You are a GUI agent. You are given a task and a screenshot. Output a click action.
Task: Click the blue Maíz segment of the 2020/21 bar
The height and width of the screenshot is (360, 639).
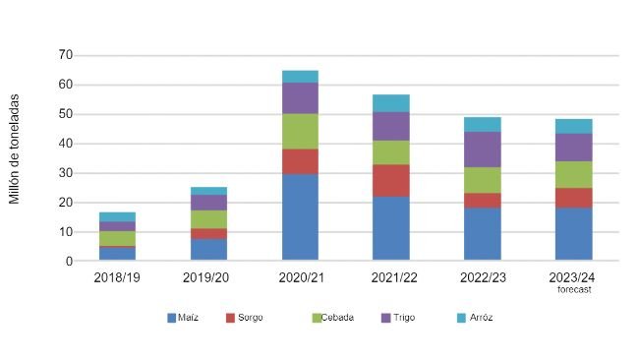300,217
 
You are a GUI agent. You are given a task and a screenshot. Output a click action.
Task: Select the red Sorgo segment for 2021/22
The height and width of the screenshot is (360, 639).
390,180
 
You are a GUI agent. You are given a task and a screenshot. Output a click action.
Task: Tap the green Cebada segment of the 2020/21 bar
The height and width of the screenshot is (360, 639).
300,131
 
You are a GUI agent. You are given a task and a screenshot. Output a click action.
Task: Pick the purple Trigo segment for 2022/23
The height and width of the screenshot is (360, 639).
482,150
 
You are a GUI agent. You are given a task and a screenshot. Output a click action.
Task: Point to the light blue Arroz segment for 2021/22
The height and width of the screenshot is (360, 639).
390,102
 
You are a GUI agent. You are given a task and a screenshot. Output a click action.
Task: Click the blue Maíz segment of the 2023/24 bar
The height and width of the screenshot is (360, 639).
573,234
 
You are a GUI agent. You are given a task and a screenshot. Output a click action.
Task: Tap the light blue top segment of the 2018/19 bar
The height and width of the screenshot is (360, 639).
117,216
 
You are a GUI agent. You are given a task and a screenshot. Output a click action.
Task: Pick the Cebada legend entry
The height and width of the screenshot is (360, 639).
333,318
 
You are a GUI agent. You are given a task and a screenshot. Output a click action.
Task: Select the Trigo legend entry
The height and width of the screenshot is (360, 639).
399,318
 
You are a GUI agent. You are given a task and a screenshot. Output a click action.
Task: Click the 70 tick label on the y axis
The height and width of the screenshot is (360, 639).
66,55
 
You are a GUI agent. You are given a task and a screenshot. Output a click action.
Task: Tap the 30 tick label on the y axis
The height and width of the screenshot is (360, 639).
66,173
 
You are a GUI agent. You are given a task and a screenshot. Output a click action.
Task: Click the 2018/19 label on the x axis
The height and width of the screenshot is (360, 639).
117,278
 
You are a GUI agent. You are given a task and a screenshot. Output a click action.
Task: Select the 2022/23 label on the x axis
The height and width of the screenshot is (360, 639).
482,278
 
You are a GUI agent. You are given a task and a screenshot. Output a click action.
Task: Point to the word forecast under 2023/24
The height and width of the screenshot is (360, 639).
573,289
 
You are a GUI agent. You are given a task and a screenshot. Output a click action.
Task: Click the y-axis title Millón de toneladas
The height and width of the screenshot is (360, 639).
15,150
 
